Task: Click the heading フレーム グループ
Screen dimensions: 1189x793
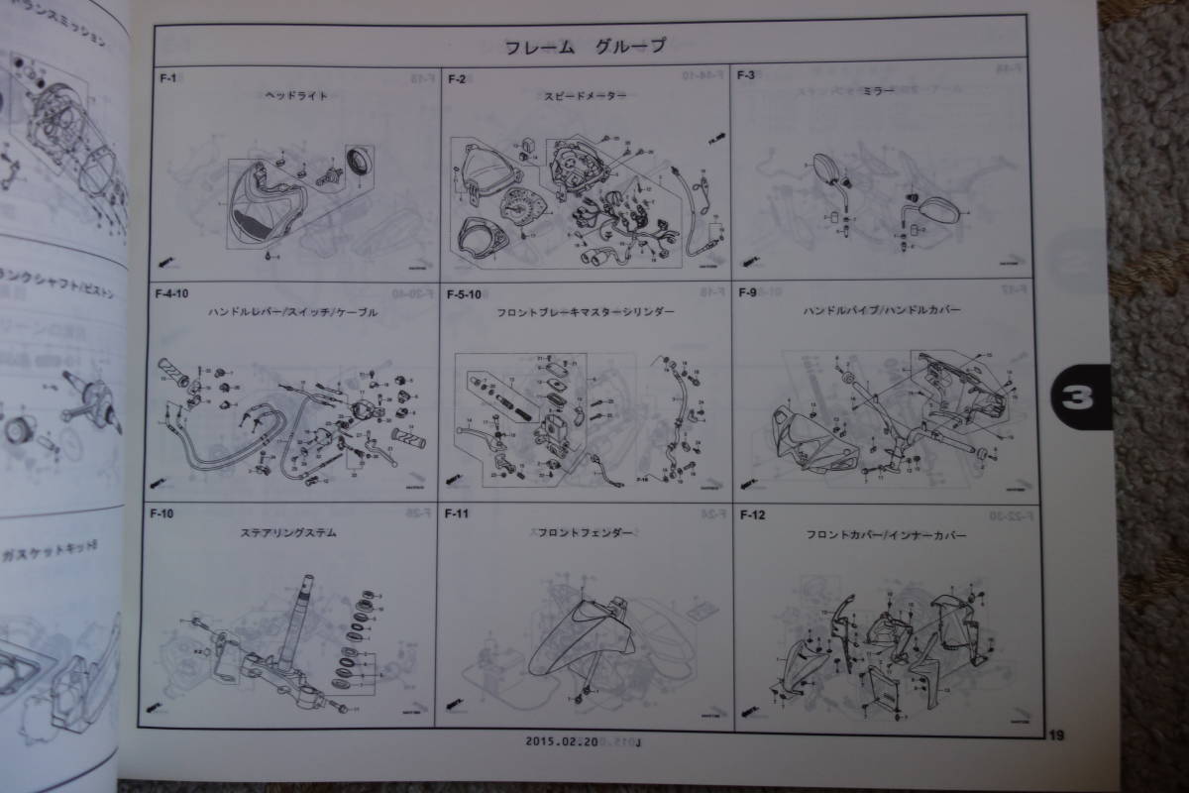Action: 585,46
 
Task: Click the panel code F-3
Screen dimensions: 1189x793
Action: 746,76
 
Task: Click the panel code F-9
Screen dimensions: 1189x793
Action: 746,292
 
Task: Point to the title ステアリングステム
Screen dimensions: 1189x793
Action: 288,532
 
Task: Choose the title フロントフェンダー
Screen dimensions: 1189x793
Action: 586,532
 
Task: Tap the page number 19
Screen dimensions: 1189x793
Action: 1056,735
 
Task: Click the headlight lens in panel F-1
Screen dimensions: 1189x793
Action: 256,210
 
